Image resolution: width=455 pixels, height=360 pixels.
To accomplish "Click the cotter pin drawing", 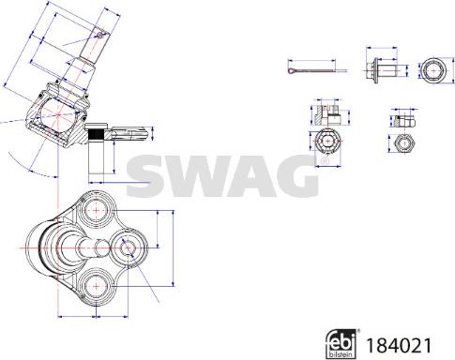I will (x=311, y=68).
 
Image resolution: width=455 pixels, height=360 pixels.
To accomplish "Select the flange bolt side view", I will (x=380, y=69).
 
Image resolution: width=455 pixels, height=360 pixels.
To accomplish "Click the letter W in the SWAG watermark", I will (x=195, y=171).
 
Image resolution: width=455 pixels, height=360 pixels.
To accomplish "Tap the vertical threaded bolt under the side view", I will (x=97, y=150).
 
